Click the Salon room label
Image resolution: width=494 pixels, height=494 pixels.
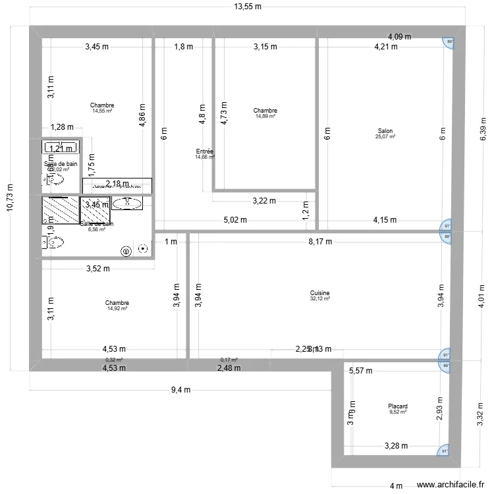coord(385,130)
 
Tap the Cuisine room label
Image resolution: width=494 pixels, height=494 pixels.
coord(319,293)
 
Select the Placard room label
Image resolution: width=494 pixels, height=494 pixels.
coord(397,406)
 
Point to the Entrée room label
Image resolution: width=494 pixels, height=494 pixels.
coord(204,151)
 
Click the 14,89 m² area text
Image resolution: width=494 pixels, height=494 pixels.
coord(265,117)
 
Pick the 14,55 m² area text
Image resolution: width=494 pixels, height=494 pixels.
coord(102,111)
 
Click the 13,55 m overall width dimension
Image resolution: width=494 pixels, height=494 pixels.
coord(248,7)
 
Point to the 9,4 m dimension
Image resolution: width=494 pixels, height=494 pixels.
coord(180,389)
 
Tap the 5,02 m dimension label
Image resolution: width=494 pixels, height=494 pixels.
coord(234,220)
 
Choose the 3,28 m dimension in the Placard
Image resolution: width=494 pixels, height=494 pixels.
coord(397,447)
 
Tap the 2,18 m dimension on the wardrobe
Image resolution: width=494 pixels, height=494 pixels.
coord(117,184)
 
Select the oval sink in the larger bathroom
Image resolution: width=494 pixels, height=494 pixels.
coord(123,203)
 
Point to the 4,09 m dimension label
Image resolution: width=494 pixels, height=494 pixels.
coord(399,37)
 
